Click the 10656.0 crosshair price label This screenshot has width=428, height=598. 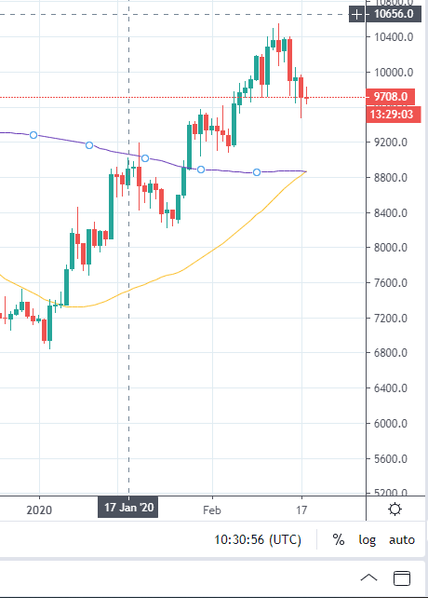coord(394,14)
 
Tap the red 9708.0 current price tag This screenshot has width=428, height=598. coord(390,97)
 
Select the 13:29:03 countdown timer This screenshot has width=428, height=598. coord(394,114)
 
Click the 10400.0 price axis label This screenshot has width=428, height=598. coord(394,37)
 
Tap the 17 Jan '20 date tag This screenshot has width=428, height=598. coord(128,508)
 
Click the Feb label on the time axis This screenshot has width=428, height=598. coord(212,510)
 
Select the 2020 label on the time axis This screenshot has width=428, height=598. coord(39,510)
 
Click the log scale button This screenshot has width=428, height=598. coord(367,540)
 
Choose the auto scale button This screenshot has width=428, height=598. coord(402,540)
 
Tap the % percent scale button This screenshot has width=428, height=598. coord(339,539)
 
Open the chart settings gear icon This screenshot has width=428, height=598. coord(395,510)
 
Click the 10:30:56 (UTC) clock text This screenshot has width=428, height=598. coord(258,539)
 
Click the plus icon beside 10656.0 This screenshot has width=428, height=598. coord(356,15)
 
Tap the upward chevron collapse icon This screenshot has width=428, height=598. coord(368,578)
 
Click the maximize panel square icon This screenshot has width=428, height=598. coord(402,578)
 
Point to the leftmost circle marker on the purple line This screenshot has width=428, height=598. coord(33,135)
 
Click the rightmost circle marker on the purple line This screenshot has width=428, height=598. coord(257,172)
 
